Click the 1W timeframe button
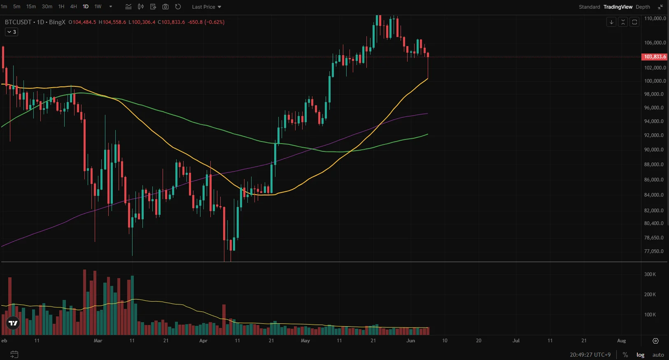click(98, 7)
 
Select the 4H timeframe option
click(73, 7)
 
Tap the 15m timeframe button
click(31, 7)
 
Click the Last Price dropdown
click(206, 7)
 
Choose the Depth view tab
click(643, 7)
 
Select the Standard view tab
click(589, 7)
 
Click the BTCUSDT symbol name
click(18, 22)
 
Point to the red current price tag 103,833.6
click(655, 57)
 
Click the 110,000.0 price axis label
click(655, 19)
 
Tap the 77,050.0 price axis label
click(654, 251)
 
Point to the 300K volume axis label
click(650, 274)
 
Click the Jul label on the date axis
click(516, 341)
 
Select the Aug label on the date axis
click(621, 341)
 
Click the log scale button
click(640, 355)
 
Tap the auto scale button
click(658, 355)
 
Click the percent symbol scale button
click(625, 355)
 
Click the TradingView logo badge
click(13, 323)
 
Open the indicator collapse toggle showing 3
click(12, 32)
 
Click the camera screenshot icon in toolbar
click(166, 7)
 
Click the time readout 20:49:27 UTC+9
click(590, 355)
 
